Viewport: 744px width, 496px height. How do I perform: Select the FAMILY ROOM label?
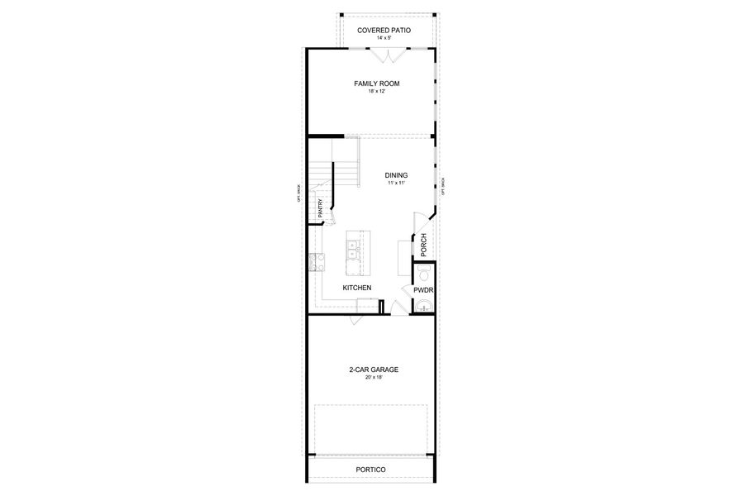371,83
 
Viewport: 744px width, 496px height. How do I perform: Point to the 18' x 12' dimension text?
371,92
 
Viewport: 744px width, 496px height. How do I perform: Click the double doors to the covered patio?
385,55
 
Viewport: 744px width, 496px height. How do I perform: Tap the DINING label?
395,175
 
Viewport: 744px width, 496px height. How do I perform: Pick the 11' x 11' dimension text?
395,184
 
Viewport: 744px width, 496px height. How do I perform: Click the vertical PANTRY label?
320,207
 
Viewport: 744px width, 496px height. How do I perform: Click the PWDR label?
423,290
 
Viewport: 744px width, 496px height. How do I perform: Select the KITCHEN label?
357,288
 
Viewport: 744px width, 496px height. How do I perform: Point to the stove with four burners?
315,264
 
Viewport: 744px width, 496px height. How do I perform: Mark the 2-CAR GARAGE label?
371,370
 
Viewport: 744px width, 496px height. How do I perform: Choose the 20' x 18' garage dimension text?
371,378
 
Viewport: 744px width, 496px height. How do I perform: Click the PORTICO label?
371,469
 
